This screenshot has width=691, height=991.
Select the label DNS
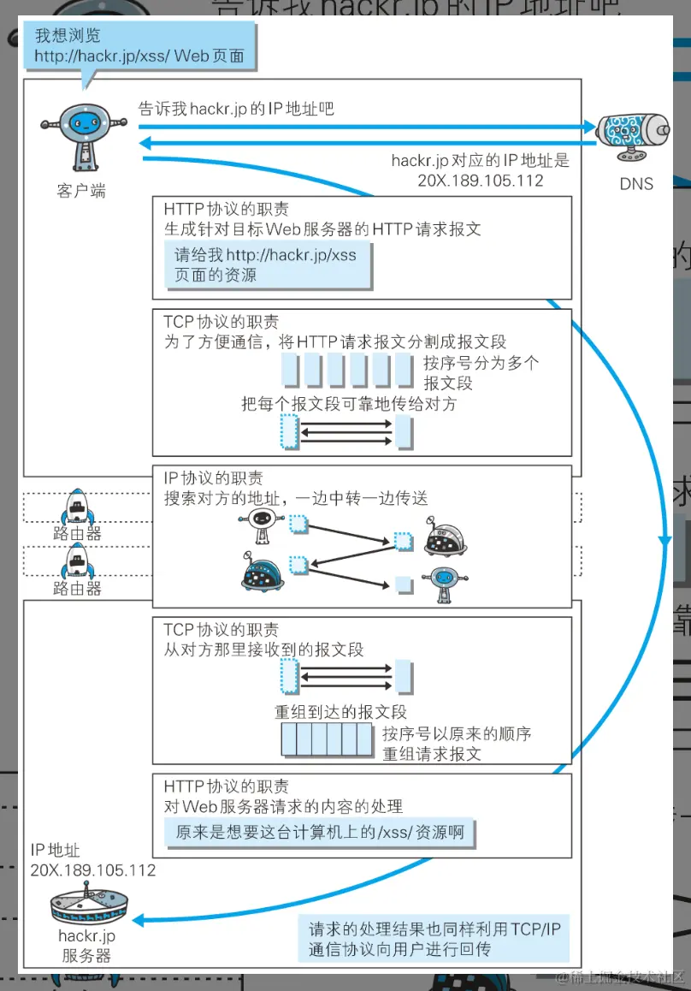tap(635, 183)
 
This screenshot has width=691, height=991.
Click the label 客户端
tap(80, 191)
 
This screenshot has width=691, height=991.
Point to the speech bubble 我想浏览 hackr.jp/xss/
tap(139, 46)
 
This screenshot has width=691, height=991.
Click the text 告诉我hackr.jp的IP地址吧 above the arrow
tap(235, 109)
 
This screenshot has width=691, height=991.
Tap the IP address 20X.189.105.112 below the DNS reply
tap(480, 181)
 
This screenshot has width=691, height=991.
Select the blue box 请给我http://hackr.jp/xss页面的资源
tap(267, 265)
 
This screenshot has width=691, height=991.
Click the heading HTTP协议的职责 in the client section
tap(226, 209)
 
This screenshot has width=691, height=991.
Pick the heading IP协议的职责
tap(213, 478)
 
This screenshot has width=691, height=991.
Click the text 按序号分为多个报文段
tap(481, 372)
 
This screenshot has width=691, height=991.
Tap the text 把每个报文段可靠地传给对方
tap(348, 403)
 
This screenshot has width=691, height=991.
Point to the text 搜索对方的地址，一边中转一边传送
tap(295, 498)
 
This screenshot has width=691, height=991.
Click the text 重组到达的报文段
tap(340, 711)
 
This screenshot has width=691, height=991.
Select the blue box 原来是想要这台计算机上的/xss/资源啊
tap(319, 832)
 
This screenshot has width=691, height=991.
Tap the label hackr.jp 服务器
tap(86, 946)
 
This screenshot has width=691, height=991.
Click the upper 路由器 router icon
tap(77, 507)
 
